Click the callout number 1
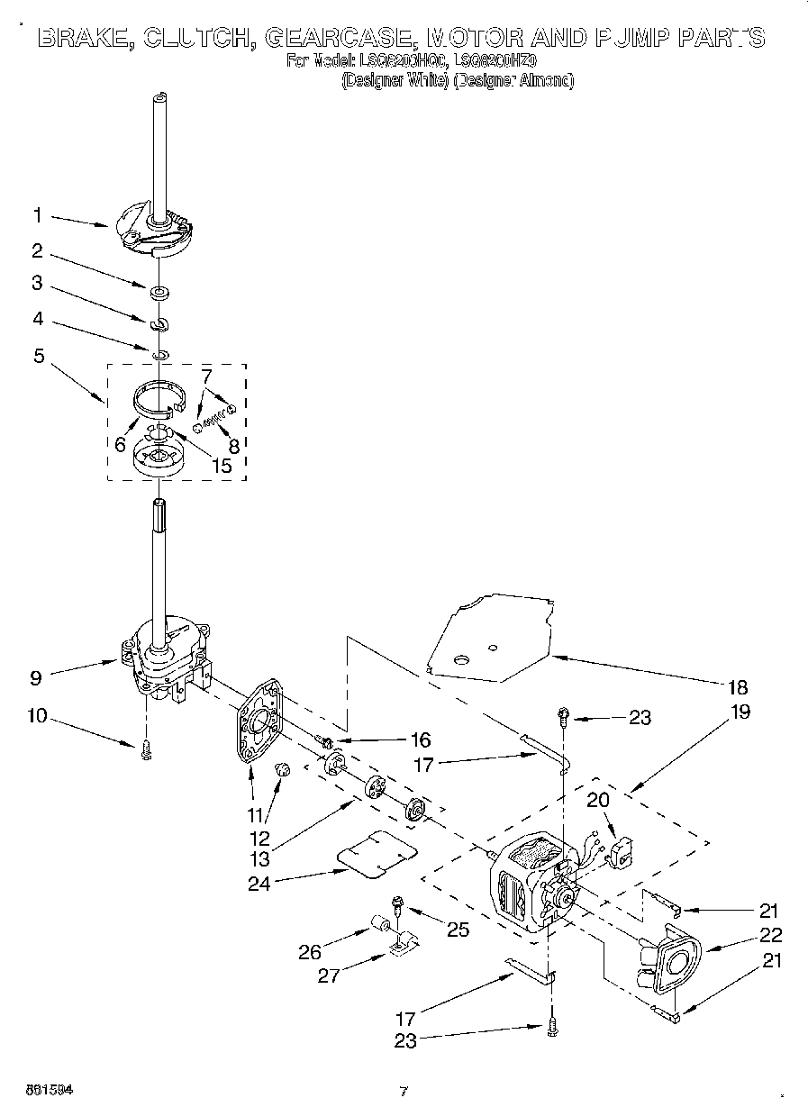pyautogui.click(x=37, y=215)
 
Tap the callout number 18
pyautogui.click(x=736, y=687)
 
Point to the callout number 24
pyautogui.click(x=259, y=882)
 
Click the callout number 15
pyautogui.click(x=221, y=466)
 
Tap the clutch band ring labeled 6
pyautogui.click(x=159, y=396)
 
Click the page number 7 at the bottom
pyautogui.click(x=404, y=1092)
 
